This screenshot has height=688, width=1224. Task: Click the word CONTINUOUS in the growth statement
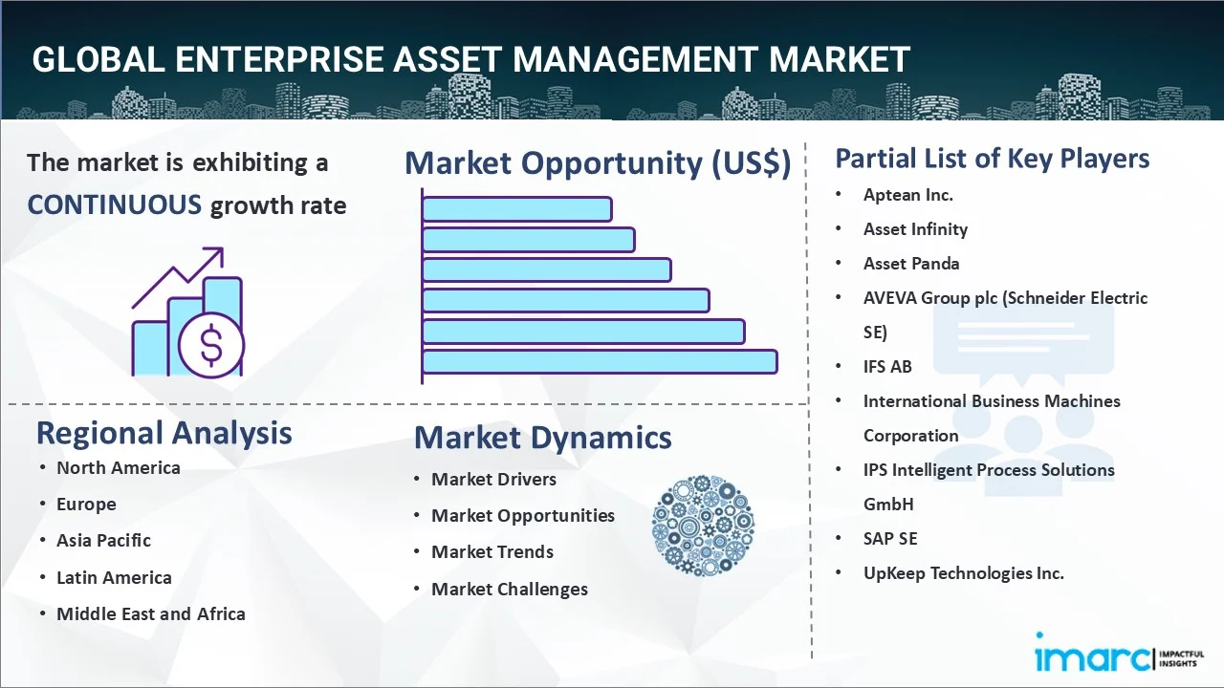coord(114,204)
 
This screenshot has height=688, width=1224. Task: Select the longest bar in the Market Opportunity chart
coord(600,361)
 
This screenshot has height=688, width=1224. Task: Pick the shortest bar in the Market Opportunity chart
coord(516,208)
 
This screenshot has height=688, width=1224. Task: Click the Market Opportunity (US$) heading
coord(598,163)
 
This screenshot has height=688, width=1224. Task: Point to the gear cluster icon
coord(703,527)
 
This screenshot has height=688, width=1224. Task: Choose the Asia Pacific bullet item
coord(103,541)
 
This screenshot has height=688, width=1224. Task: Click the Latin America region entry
coord(114,577)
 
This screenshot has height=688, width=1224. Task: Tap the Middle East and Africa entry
coord(150,614)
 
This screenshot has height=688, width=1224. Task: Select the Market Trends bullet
coord(492,552)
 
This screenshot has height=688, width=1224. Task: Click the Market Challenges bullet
coord(509,590)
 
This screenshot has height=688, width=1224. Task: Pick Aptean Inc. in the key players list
coord(907,195)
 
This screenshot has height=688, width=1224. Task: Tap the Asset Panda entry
coord(910,264)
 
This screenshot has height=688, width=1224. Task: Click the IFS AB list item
coord(886,367)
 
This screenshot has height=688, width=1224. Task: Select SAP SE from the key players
coord(889,539)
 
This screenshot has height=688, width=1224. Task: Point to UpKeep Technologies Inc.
coord(963,573)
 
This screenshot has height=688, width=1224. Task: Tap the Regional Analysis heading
coord(164,433)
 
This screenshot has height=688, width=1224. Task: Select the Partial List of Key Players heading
coord(992,158)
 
